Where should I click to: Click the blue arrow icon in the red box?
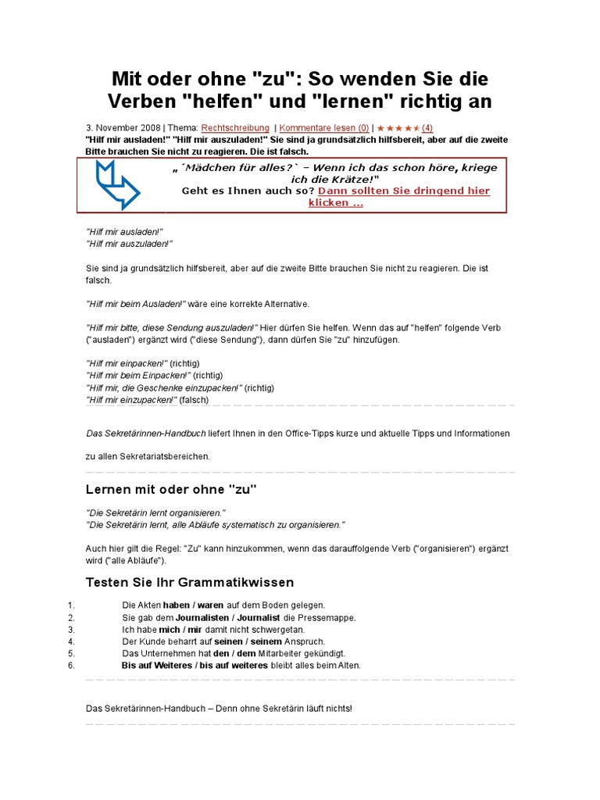[116, 184]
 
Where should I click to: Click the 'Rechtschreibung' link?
[235, 127]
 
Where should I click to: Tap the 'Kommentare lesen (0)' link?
[324, 127]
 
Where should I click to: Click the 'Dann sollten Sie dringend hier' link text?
[404, 191]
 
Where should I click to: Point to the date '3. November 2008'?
[123, 127]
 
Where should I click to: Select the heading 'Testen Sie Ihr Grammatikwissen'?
[189, 582]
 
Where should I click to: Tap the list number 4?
[70, 641]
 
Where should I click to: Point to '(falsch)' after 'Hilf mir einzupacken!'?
[195, 399]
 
